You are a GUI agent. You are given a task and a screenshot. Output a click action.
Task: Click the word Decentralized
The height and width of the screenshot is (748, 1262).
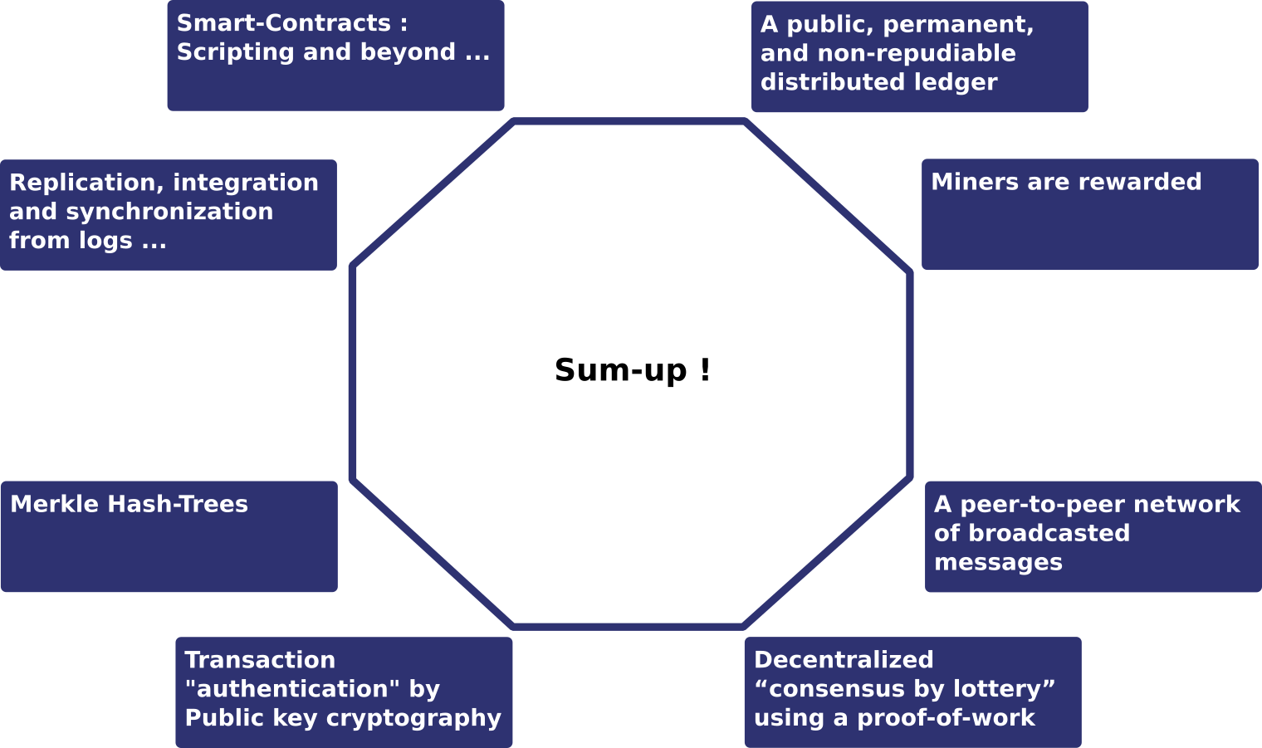844,660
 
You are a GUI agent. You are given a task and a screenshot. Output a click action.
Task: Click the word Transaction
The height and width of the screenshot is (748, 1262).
260,660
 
